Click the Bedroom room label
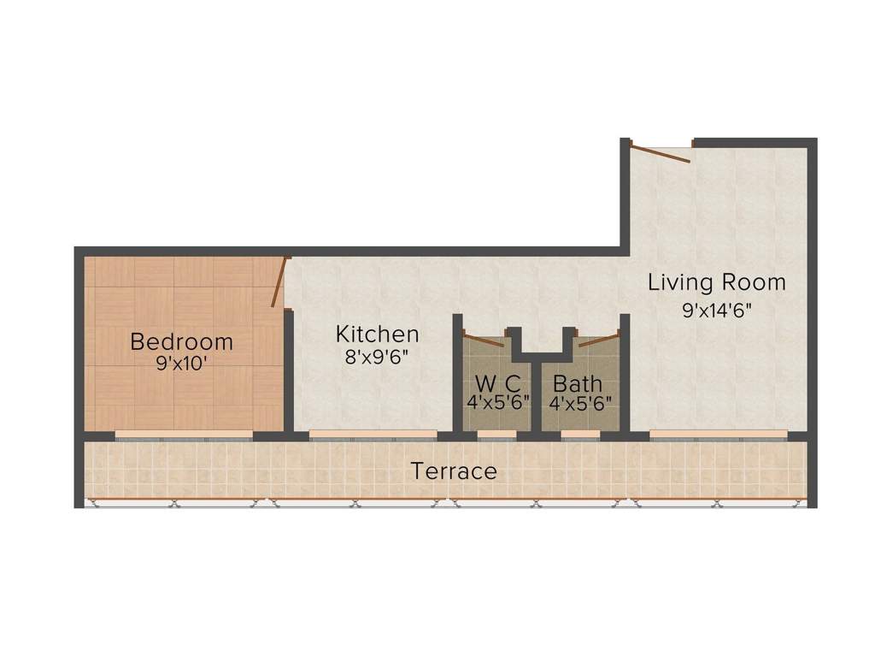[x=181, y=342]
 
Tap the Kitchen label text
[x=377, y=334]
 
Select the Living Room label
[x=716, y=281]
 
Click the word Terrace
[x=454, y=471]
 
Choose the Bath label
[x=578, y=383]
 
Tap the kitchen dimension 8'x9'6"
[x=377, y=357]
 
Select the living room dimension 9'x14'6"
[x=716, y=310]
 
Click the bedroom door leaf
[x=279, y=282]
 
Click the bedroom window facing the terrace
[x=184, y=435]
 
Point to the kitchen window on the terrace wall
[x=373, y=435]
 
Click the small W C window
[x=496, y=435]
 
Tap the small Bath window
[x=580, y=435]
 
